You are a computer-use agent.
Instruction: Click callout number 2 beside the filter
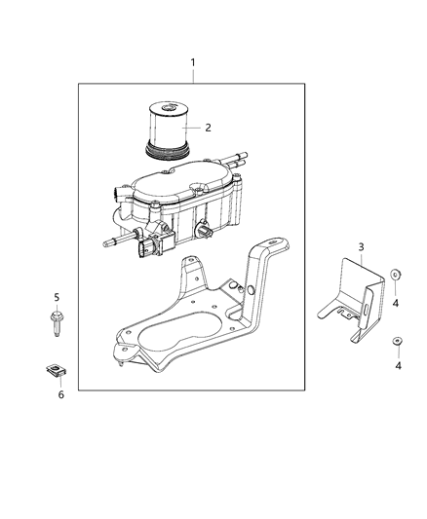click(x=207, y=127)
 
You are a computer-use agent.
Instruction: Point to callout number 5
click(x=57, y=296)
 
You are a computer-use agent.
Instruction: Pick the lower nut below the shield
click(x=396, y=341)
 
